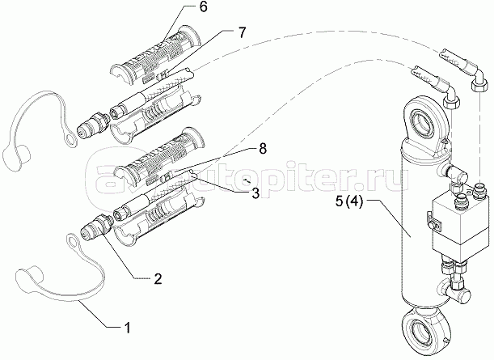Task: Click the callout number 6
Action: [203, 7]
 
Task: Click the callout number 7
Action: [241, 33]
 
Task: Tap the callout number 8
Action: [263, 148]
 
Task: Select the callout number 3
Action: [255, 193]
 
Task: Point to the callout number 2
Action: [158, 278]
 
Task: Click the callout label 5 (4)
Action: [349, 201]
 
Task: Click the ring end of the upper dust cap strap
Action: [70, 139]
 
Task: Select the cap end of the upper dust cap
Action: [17, 155]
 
